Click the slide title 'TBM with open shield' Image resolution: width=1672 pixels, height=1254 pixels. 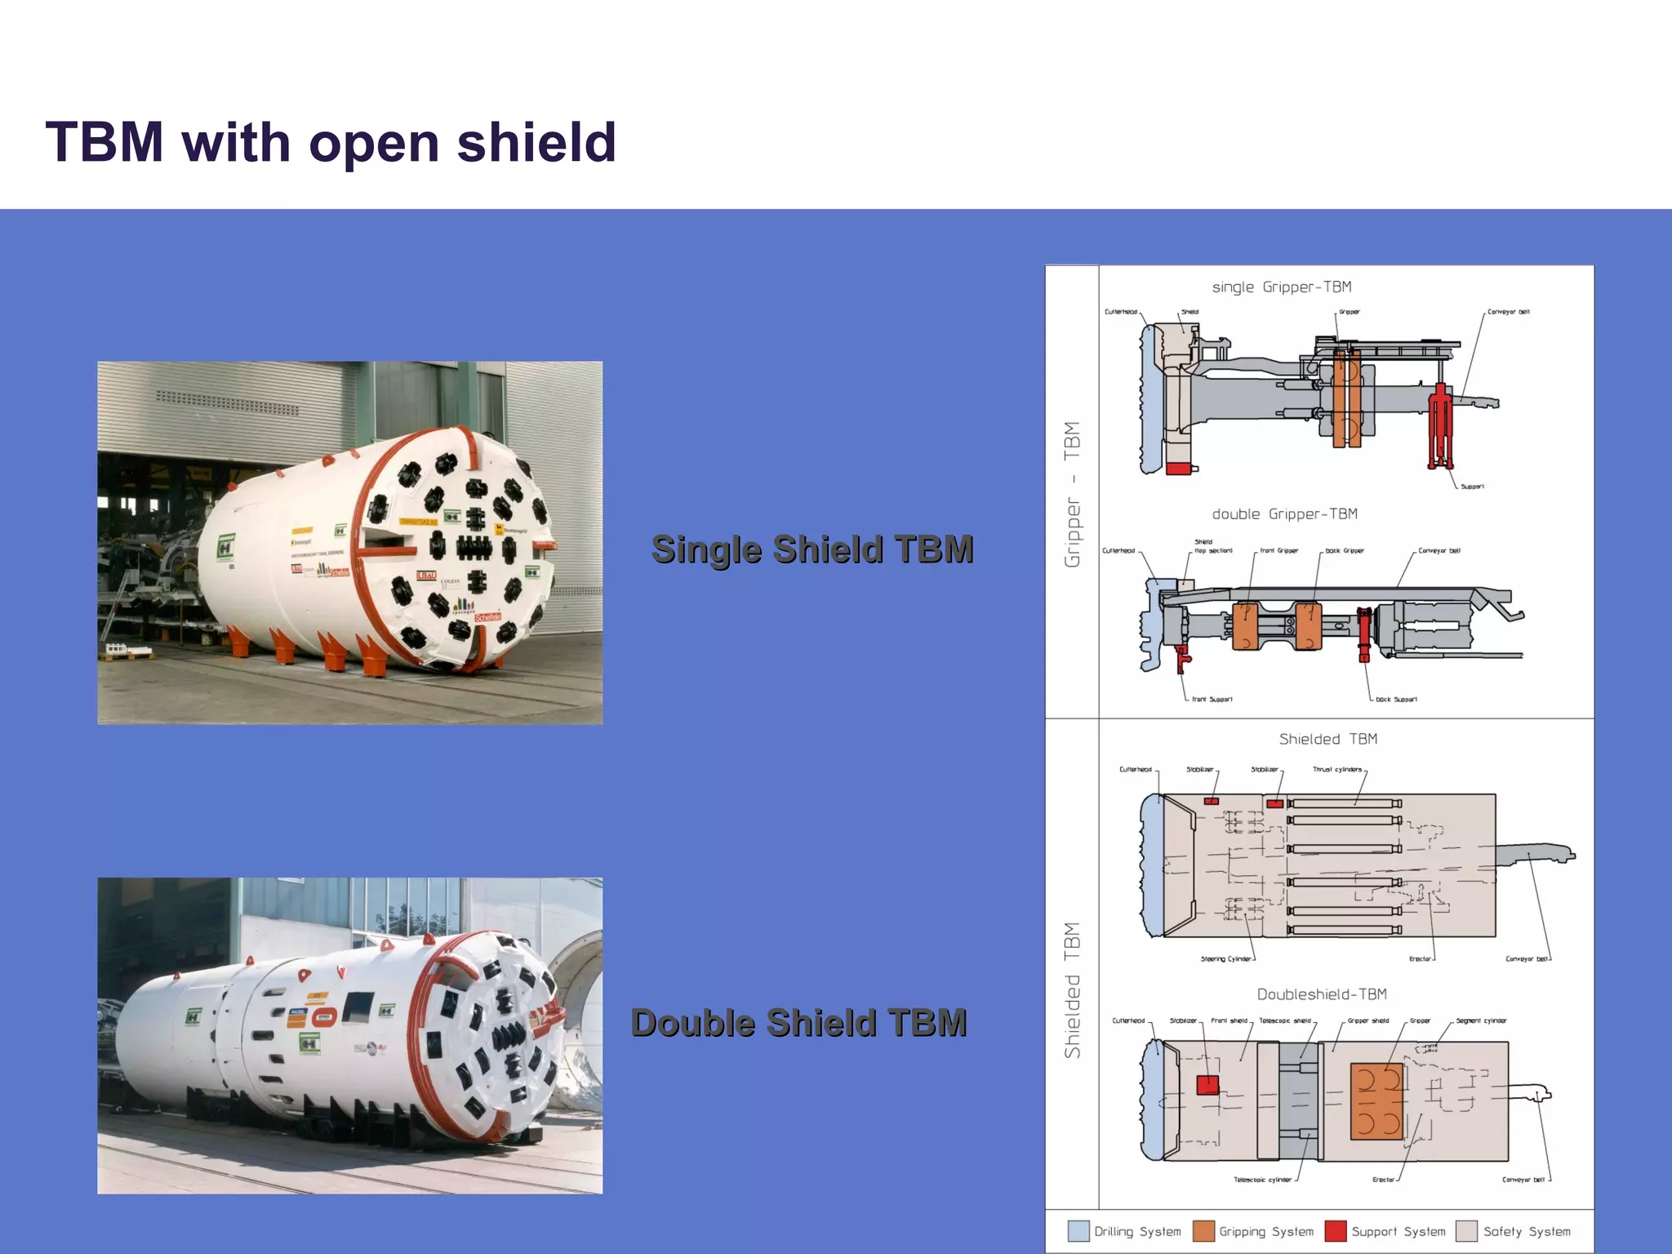(x=331, y=142)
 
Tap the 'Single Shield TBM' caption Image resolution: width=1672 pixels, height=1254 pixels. (x=812, y=549)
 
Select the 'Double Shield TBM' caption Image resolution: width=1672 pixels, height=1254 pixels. (x=799, y=1023)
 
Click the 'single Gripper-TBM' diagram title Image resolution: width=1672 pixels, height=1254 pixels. (x=1282, y=287)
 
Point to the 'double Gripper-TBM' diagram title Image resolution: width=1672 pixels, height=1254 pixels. (x=1284, y=514)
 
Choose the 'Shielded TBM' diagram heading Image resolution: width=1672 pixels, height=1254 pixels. (x=1327, y=739)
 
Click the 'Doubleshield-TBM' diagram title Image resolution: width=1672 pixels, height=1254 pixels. (x=1322, y=994)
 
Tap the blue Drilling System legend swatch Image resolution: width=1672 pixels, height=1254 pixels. (x=1078, y=1231)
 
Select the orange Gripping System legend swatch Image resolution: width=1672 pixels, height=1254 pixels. (x=1203, y=1231)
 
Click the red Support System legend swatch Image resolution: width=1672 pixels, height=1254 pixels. (x=1336, y=1231)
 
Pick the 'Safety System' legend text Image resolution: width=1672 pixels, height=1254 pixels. (x=1527, y=1231)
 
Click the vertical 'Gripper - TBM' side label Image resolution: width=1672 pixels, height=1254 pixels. (x=1072, y=494)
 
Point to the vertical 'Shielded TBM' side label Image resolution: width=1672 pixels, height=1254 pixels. (x=1072, y=990)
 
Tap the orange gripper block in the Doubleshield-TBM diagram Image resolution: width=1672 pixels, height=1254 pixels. (x=1376, y=1101)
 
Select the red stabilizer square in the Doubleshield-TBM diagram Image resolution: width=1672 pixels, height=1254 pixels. (x=1207, y=1085)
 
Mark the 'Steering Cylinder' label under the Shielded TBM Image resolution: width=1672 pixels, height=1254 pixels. (x=1225, y=958)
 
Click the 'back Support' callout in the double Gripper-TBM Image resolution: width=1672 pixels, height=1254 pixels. (x=1396, y=699)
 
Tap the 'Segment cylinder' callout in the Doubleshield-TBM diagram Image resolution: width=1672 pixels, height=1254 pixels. (x=1481, y=1021)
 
